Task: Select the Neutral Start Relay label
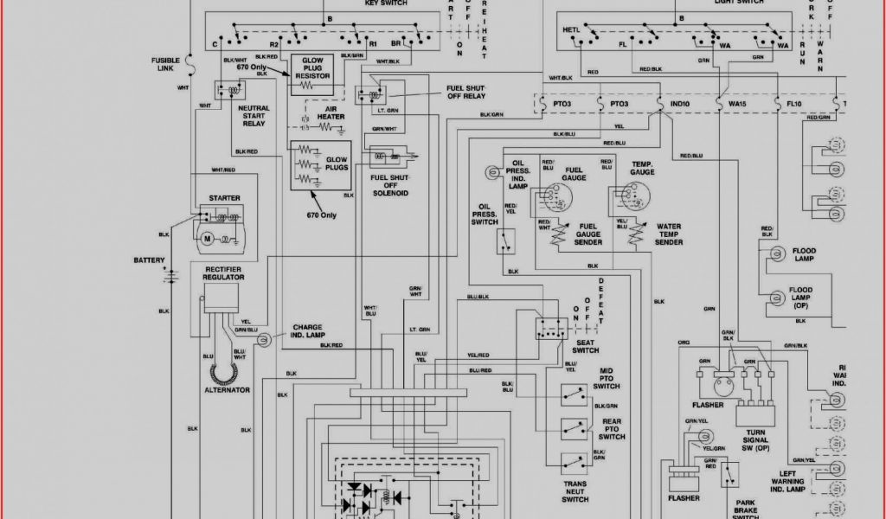point(254,116)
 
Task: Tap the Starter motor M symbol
point(207,238)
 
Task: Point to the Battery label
point(150,260)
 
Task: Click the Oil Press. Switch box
point(507,242)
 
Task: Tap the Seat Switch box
point(550,327)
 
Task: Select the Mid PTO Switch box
point(572,394)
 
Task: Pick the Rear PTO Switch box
point(572,428)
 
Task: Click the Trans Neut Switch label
point(575,492)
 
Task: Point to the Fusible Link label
point(165,64)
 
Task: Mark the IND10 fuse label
point(680,105)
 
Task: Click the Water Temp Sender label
point(669,234)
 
